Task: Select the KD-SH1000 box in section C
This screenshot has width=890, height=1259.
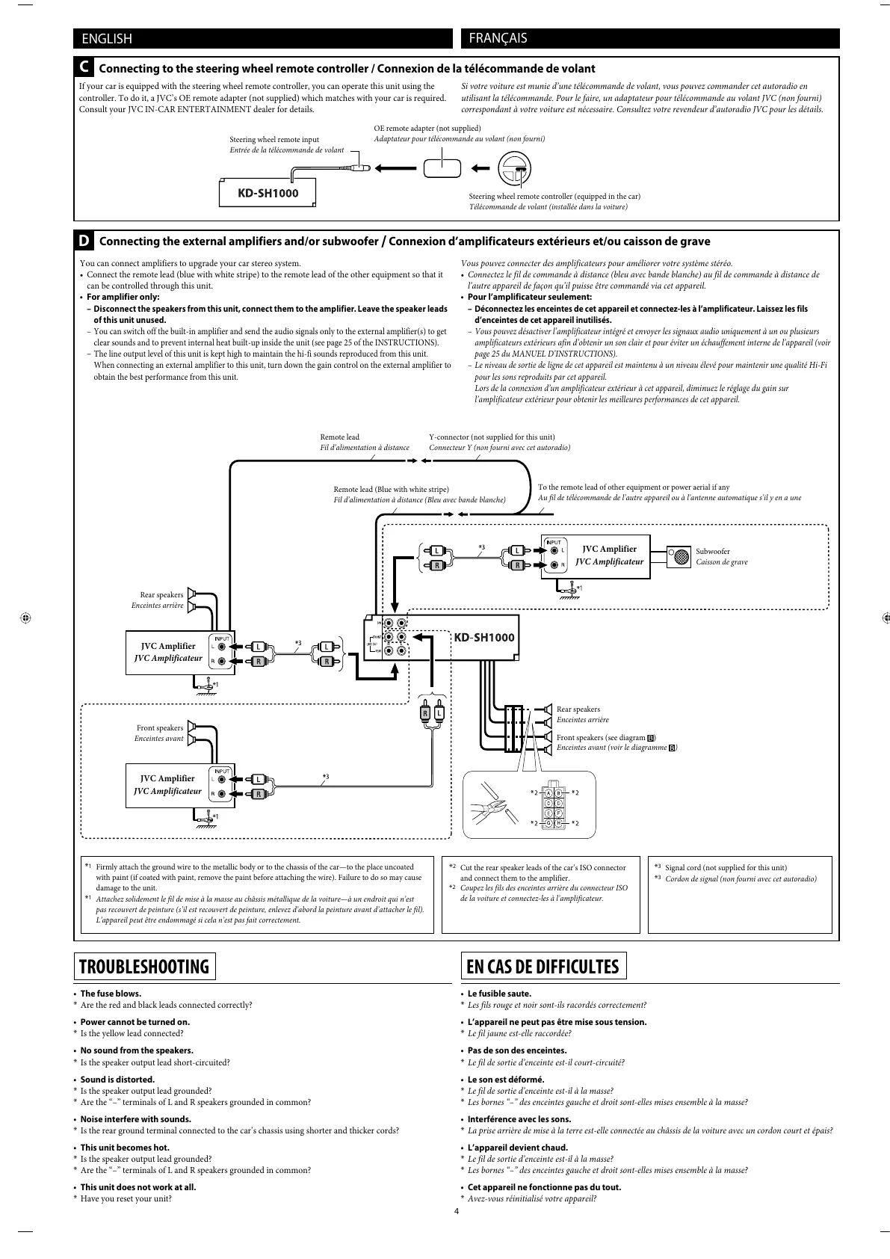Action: click(268, 194)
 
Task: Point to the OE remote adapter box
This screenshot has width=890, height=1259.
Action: click(442, 167)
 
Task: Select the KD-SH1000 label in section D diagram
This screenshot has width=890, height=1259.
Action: click(485, 638)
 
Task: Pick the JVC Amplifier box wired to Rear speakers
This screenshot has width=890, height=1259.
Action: click(169, 652)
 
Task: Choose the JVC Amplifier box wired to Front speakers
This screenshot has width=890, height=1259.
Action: click(169, 784)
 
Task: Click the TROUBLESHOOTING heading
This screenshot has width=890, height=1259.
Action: click(145, 966)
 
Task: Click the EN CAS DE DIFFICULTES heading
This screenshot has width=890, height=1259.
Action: click(543, 966)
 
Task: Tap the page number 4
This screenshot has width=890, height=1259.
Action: click(457, 1211)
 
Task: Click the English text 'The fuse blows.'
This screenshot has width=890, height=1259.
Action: click(111, 994)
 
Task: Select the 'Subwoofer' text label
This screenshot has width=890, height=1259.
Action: click(713, 551)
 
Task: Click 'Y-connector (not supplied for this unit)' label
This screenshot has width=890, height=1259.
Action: click(492, 437)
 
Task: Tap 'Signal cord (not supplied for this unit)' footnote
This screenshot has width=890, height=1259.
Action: click(726, 868)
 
